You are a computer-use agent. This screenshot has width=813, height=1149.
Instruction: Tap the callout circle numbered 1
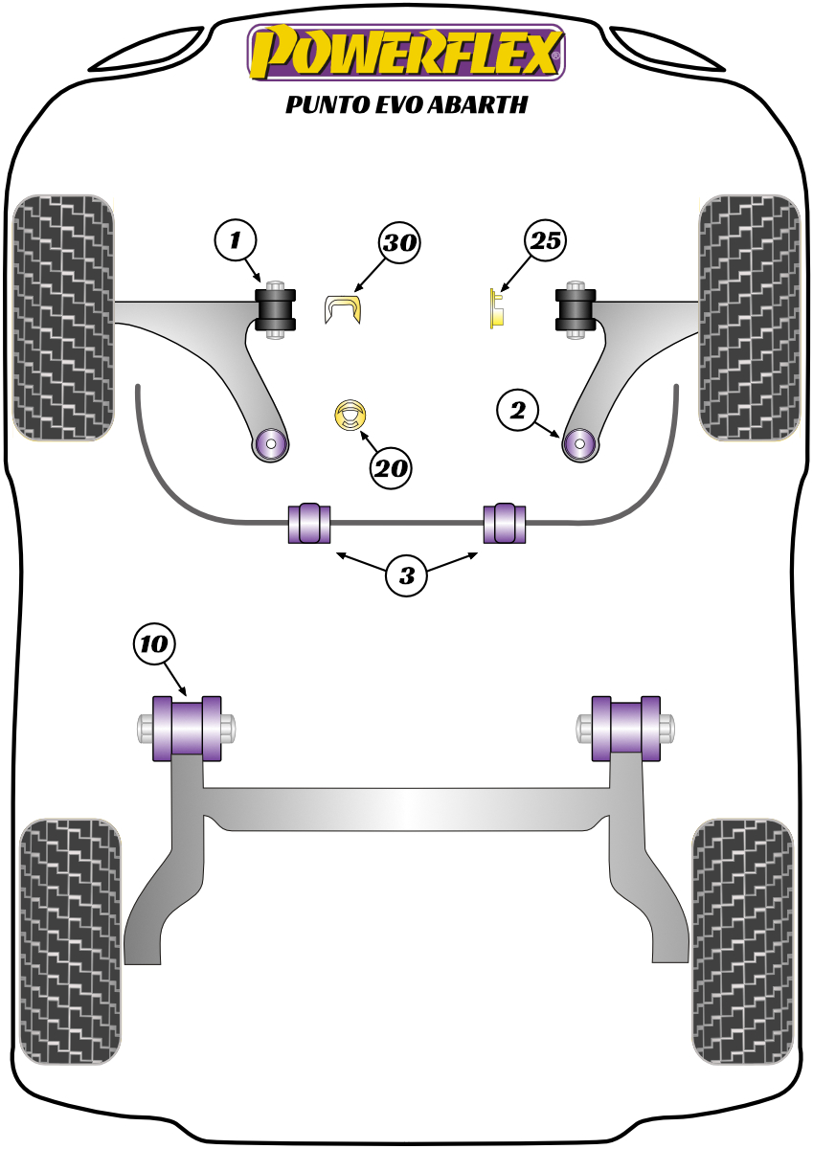point(234,239)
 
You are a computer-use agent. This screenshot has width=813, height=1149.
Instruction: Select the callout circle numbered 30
point(400,242)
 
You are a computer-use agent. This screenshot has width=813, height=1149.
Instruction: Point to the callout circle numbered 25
point(544,241)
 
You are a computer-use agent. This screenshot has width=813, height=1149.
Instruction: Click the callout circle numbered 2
point(517,412)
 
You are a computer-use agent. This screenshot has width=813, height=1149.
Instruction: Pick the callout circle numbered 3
point(407,575)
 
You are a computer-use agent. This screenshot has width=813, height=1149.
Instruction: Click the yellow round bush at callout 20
point(351,415)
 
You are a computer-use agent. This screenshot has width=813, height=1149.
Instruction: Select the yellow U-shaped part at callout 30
point(345,309)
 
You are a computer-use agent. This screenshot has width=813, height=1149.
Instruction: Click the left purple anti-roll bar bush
point(308,522)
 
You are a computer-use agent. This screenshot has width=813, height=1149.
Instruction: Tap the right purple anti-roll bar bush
point(505,522)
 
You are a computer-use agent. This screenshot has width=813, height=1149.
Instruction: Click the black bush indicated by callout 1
point(277,308)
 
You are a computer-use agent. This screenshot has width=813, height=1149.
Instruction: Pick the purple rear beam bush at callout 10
point(187,729)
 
